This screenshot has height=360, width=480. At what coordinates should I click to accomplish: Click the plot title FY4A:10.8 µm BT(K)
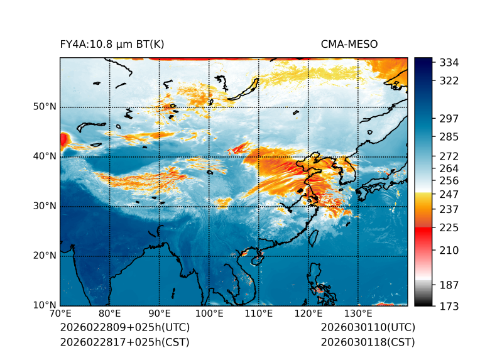coord(112,44)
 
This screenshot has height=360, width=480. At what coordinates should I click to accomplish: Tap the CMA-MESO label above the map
coord(349,44)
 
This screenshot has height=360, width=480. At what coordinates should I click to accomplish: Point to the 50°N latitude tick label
coord(45,107)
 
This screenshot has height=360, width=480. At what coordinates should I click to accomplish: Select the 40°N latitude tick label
coord(45,156)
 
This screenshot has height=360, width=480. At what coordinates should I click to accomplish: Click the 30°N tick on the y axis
coord(45,206)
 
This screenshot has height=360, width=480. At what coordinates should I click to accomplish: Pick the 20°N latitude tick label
coord(45,256)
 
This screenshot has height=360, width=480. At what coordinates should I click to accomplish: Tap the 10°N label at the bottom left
coord(45,305)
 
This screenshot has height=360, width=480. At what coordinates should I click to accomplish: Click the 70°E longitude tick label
coord(60,314)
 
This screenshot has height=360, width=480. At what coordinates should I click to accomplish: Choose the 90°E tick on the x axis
coord(160,314)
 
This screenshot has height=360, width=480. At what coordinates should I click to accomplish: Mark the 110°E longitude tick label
coord(259,314)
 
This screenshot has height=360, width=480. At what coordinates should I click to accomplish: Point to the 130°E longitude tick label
coord(358,314)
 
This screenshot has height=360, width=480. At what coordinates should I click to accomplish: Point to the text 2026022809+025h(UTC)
coord(124,328)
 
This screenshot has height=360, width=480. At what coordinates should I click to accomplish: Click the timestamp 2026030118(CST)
coord(368,342)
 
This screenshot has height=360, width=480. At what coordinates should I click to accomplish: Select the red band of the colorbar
coord(423,232)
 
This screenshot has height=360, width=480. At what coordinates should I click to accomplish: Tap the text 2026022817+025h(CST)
coord(124,342)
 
